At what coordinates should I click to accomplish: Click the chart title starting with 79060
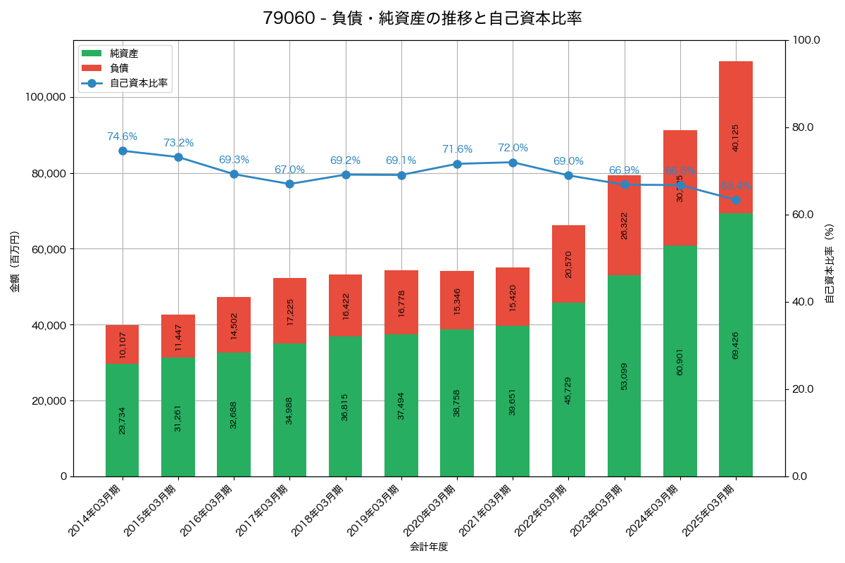(x=423, y=18)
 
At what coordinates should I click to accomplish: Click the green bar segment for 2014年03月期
(x=123, y=420)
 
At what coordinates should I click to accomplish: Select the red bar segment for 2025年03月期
(x=736, y=137)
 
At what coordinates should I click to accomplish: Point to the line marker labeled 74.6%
(x=123, y=151)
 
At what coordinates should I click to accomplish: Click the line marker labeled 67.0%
(x=289, y=184)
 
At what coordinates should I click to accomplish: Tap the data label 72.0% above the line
(x=513, y=148)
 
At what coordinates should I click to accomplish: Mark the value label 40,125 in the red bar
(x=736, y=138)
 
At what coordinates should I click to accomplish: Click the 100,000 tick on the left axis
(x=46, y=97)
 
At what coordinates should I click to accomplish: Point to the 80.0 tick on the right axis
(x=802, y=127)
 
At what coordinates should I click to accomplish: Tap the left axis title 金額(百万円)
(x=14, y=262)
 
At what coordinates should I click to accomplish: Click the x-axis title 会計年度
(x=429, y=546)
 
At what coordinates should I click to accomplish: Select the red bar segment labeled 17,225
(x=289, y=310)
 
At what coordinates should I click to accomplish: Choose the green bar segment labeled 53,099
(x=624, y=376)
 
